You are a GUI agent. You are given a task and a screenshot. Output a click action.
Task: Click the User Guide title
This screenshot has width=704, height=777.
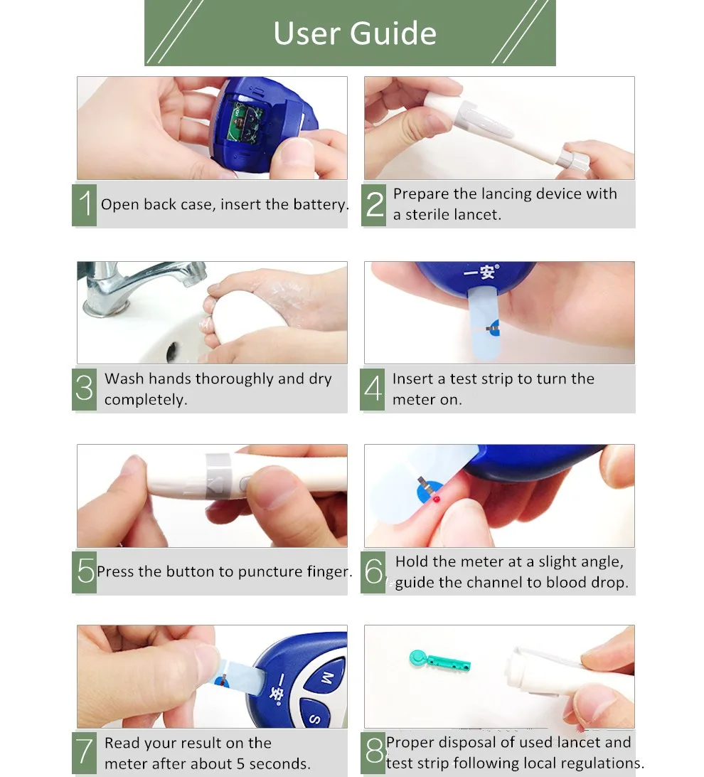355,33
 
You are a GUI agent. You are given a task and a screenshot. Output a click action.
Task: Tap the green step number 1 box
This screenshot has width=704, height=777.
84,205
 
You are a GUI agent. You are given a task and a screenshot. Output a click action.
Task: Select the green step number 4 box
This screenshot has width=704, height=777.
373,389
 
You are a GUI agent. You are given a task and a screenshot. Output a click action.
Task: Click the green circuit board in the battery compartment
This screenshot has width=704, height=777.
244,123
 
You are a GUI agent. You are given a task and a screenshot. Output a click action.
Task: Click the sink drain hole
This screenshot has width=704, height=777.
172,351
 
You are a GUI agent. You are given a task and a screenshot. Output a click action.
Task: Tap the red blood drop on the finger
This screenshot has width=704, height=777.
436,499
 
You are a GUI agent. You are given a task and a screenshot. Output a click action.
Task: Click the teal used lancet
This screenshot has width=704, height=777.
439,660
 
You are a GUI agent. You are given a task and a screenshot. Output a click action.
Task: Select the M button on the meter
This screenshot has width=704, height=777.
326,677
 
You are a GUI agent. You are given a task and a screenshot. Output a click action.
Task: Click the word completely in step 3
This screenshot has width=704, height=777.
146,400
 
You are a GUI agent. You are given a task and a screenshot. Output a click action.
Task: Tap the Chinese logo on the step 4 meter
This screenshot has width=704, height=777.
481,272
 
